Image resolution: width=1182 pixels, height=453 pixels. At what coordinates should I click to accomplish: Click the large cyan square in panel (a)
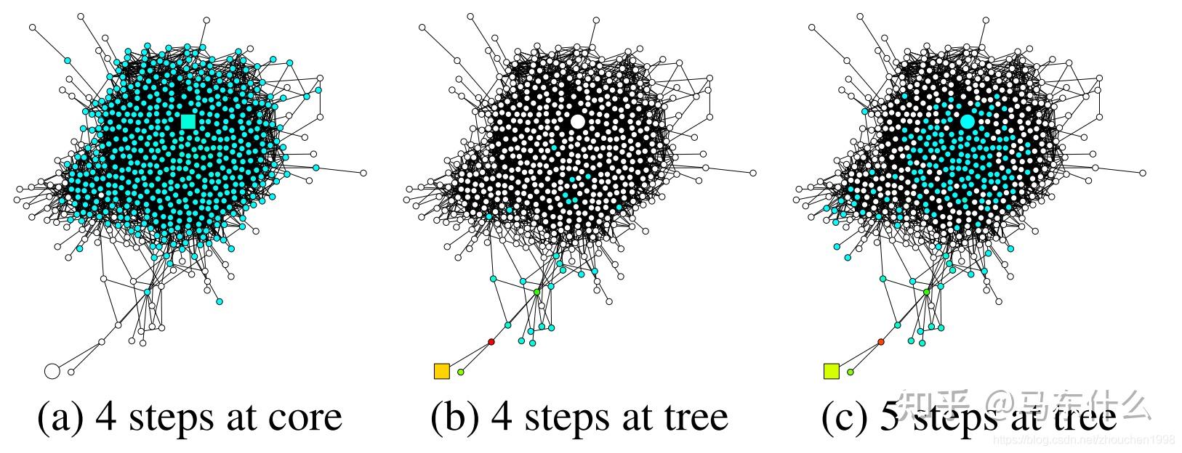point(188,121)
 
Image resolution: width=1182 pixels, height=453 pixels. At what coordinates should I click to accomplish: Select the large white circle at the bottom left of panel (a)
point(52,371)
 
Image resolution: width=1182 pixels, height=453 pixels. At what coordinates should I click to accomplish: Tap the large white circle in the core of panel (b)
point(577,122)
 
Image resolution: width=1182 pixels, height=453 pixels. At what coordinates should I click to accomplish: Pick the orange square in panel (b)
point(441,371)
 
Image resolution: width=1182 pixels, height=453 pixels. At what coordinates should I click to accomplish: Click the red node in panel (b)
point(491,342)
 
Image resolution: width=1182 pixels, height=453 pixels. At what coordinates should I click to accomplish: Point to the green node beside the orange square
point(460,372)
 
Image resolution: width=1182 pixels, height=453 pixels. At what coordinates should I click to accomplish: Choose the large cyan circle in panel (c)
point(967,122)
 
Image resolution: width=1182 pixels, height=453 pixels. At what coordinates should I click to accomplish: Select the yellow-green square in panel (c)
point(831,371)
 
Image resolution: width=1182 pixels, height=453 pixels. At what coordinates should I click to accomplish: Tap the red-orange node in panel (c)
point(880,341)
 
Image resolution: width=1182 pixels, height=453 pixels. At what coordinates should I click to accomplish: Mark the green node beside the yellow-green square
point(850,372)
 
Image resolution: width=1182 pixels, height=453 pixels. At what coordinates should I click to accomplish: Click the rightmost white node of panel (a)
point(363,173)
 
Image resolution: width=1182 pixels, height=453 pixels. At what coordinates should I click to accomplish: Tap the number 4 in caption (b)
point(502,417)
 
